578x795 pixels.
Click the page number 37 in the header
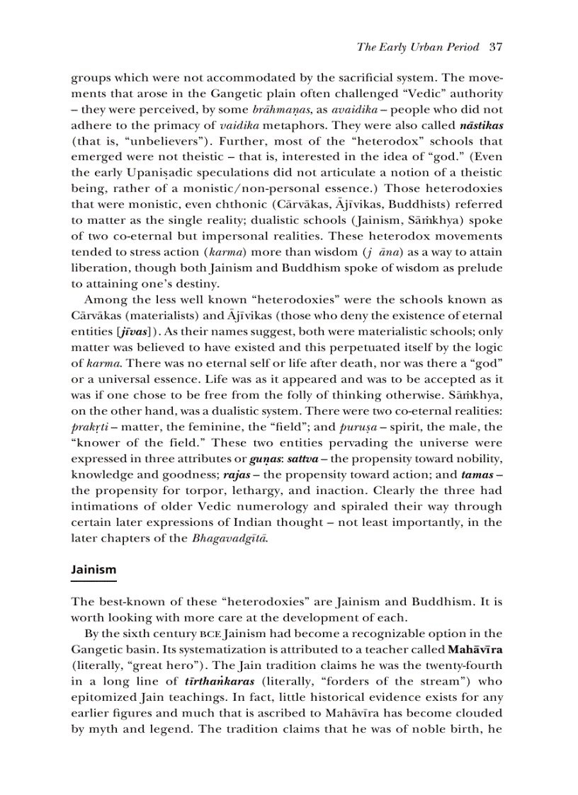pyautogui.click(x=495, y=47)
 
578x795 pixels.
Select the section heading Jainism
pyautogui.click(x=93, y=569)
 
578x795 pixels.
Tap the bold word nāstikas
pyautogui.click(x=480, y=125)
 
